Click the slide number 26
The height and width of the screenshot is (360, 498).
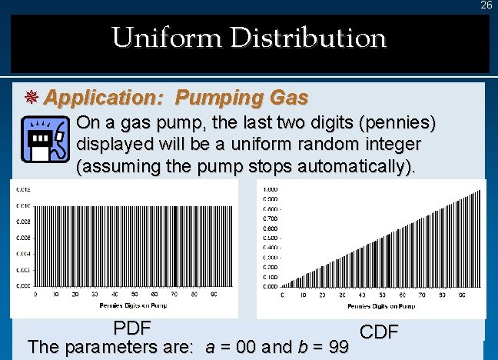click(x=486, y=5)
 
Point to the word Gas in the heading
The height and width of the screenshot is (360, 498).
click(x=288, y=98)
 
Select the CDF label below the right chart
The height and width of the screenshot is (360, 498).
click(x=378, y=332)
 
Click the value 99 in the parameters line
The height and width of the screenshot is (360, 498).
click(x=337, y=348)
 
